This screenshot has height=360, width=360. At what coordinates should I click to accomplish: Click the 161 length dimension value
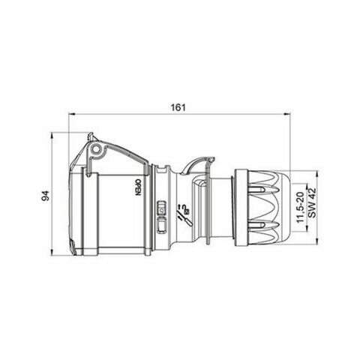[x=178, y=108]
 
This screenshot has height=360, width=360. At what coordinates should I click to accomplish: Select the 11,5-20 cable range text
[x=298, y=205]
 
